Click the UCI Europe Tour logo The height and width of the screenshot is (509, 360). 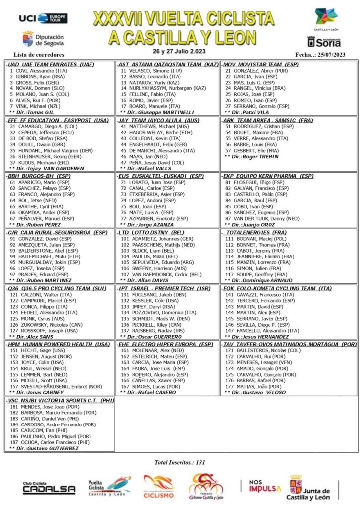point(43,18)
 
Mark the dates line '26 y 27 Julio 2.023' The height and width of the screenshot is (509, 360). point(180,51)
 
